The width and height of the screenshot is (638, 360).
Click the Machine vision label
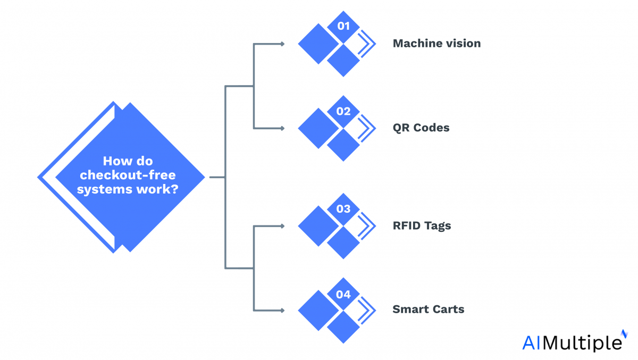[436, 44]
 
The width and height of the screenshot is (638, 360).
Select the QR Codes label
[421, 128]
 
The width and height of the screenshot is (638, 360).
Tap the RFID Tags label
[422, 225]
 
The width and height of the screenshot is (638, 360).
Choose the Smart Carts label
[428, 309]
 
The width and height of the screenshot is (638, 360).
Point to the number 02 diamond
[343, 111]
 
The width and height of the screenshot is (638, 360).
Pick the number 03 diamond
[343, 209]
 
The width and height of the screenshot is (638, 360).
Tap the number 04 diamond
[343, 293]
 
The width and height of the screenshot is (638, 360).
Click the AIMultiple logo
[571, 342]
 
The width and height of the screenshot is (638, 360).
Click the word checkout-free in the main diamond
[128, 175]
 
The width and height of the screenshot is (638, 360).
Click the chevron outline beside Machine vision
[366, 44]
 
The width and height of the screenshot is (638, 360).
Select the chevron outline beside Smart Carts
[366, 309]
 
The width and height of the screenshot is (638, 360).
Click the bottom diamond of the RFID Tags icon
[343, 243]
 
